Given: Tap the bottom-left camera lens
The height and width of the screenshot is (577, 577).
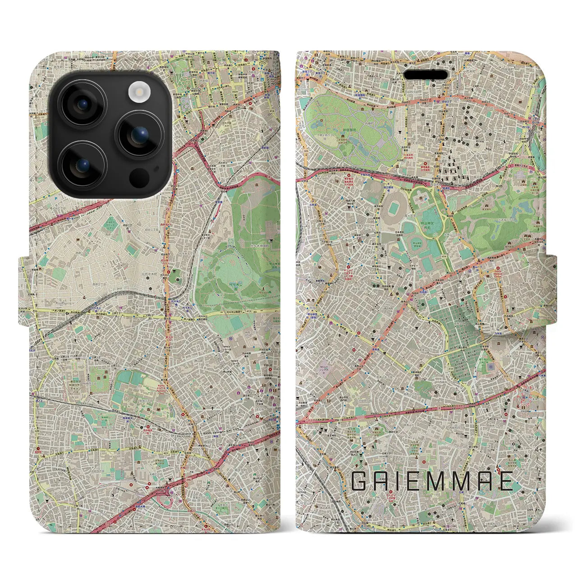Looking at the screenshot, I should pos(83,165).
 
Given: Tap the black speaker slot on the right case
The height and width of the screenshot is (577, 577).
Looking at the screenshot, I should pos(425,74).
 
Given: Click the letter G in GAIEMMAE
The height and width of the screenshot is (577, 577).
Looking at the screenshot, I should pos(360,481).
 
